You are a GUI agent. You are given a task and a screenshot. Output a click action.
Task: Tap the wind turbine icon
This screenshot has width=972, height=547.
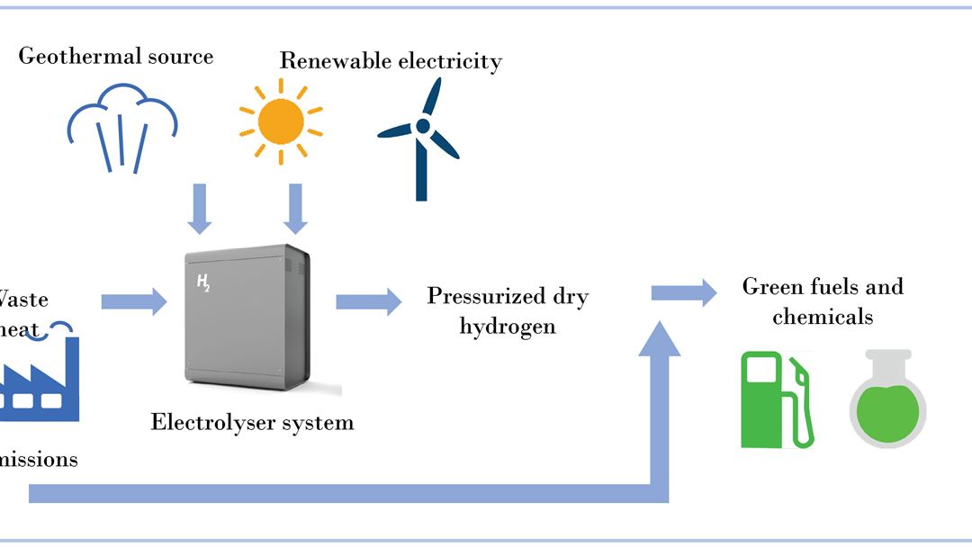pyautogui.click(x=419, y=135)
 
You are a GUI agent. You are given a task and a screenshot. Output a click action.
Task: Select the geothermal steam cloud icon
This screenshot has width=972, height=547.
pyautogui.click(x=123, y=127)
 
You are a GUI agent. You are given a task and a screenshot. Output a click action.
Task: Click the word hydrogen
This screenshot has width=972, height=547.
pyautogui.click(x=508, y=326)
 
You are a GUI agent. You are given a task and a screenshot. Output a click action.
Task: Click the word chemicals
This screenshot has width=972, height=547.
pyautogui.click(x=823, y=317)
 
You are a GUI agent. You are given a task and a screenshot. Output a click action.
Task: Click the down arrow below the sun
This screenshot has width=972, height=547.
pyautogui.click(x=294, y=208)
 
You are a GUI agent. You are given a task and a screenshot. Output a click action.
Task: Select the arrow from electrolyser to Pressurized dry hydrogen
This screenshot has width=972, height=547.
pyautogui.click(x=369, y=301)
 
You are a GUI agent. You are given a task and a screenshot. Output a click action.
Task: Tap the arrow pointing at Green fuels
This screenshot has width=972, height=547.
pyautogui.click(x=684, y=292)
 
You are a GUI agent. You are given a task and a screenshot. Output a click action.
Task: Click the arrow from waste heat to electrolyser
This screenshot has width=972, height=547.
pyautogui.click(x=134, y=300)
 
